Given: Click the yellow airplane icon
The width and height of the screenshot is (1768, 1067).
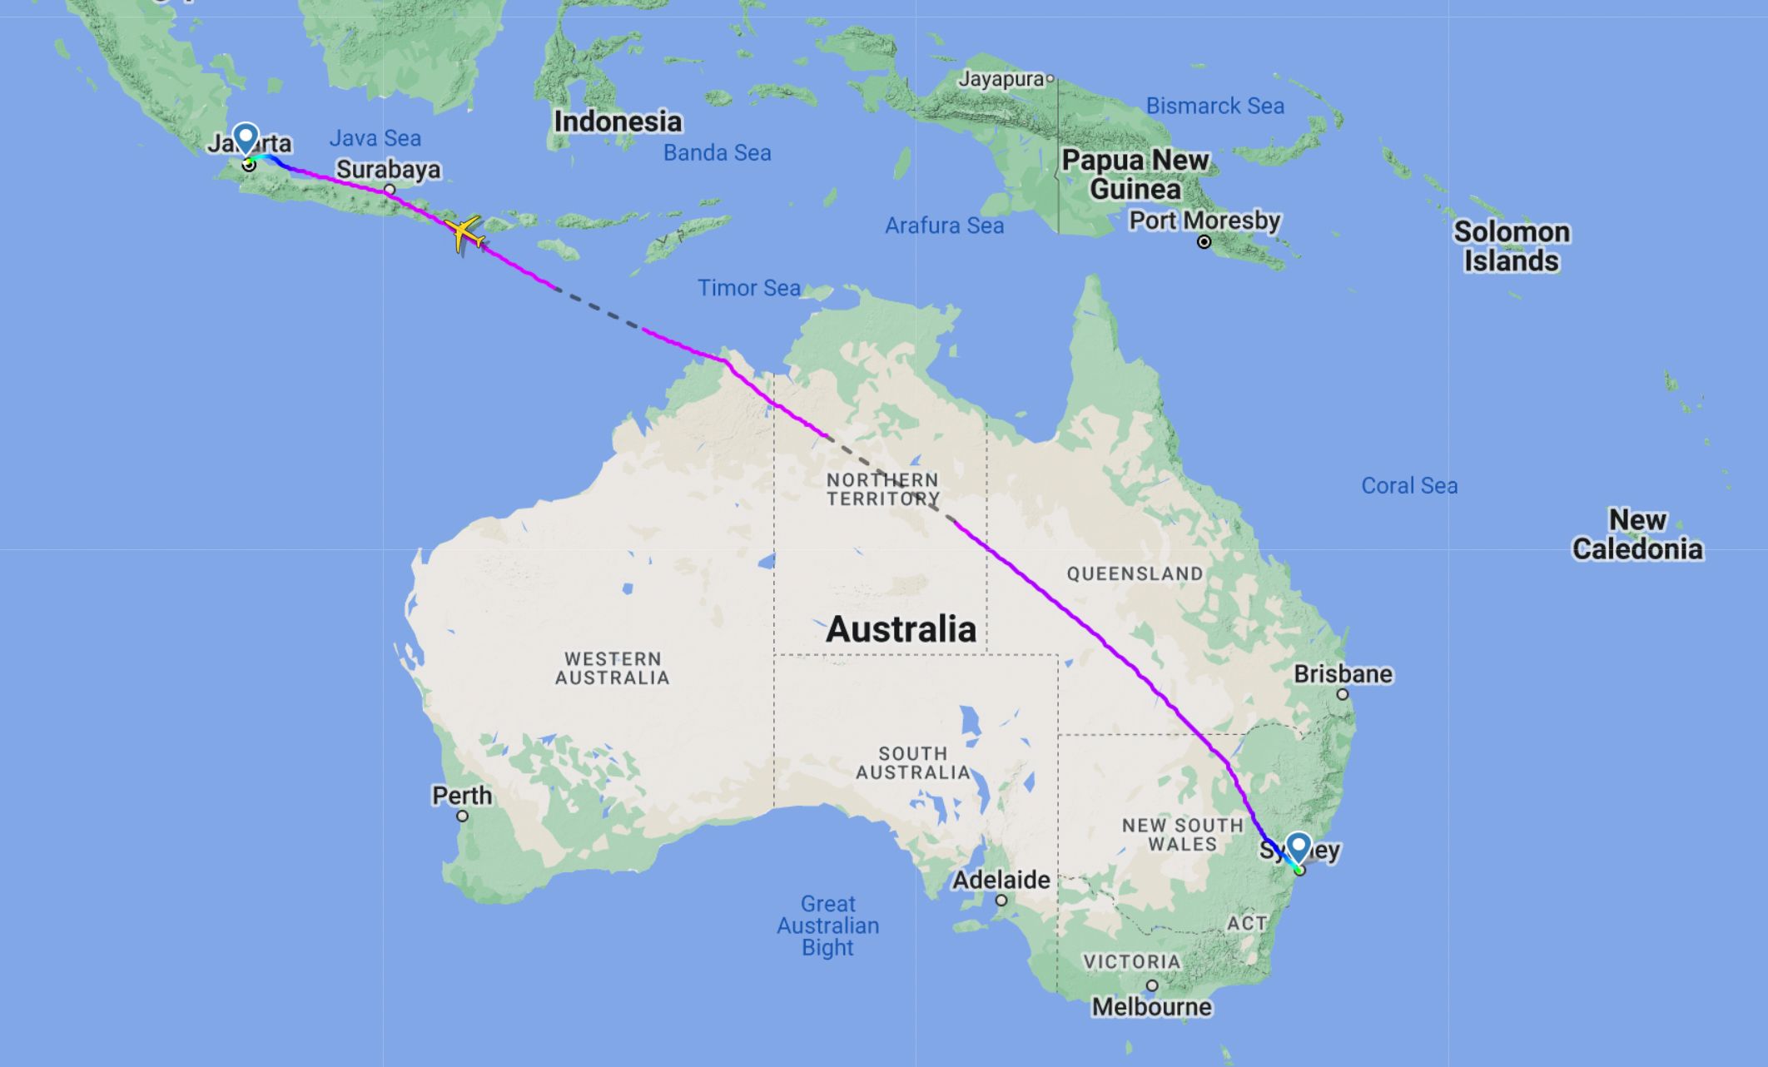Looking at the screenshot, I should click(464, 233).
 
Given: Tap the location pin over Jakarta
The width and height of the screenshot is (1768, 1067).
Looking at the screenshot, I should click(246, 138).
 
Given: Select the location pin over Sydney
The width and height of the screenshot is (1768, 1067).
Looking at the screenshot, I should click(1299, 847).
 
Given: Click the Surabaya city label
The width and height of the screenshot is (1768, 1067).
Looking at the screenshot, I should click(388, 170).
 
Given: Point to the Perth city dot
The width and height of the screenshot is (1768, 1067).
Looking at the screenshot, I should click(463, 816).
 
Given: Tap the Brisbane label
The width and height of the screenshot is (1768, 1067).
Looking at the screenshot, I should click(1343, 674).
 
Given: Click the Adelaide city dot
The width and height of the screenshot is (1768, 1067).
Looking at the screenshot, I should click(1001, 901).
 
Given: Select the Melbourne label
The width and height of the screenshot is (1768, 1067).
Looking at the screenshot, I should click(1151, 1007).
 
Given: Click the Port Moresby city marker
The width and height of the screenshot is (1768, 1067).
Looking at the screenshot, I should click(1204, 242).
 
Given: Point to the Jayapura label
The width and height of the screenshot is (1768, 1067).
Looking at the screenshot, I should click(1001, 79).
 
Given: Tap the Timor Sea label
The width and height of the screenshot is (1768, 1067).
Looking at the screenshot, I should click(748, 288).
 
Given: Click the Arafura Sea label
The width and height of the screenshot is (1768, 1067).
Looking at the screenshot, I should click(944, 226).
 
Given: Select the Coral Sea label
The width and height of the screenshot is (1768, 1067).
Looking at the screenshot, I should click(1409, 486).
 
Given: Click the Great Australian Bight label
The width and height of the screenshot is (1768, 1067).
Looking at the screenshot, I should click(827, 926).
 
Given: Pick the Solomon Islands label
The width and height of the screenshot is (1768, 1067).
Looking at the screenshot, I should click(1512, 246).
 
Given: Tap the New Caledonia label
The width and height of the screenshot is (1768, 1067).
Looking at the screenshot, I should click(1637, 534).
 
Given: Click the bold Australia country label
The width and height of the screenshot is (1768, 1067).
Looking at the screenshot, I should click(901, 629).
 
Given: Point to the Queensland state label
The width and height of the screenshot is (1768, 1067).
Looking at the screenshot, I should click(1135, 574).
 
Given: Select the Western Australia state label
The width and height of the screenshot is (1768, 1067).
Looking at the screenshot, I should click(613, 668).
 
